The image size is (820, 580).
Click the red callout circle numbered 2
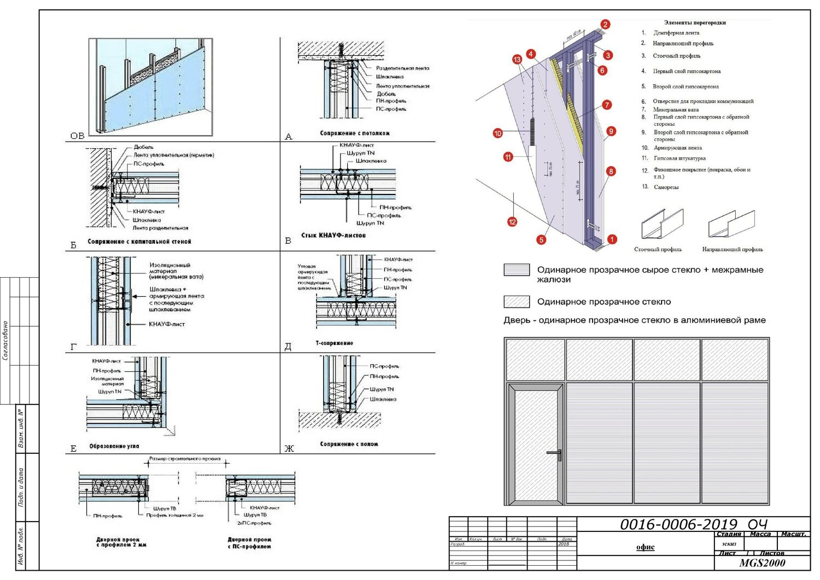605,25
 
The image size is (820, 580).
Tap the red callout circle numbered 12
512,221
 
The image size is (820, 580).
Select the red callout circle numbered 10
497,133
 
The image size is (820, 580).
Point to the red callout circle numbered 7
607,105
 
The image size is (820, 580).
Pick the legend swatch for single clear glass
517,302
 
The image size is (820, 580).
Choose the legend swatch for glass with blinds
517,270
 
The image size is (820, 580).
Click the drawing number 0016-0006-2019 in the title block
678,525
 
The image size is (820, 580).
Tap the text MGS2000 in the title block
762,563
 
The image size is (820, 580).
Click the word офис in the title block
645,547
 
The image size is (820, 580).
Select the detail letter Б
73,245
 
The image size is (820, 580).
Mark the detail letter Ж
289,449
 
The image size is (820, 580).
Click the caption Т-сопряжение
335,343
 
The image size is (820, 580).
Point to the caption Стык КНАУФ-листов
333,236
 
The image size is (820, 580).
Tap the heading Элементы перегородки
695,23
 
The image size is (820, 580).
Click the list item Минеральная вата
676,110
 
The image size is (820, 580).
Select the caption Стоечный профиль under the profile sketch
658,249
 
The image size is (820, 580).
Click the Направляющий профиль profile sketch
731,224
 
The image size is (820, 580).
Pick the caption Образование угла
114,447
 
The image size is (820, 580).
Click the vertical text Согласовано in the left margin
5,341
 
